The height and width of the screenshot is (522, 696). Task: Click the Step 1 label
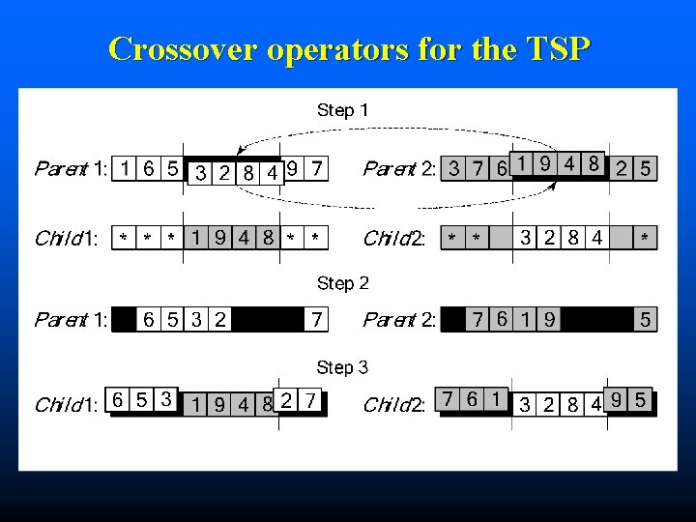pos(342,110)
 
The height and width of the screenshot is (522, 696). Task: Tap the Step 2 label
pos(342,283)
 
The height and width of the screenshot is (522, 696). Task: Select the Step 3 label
pos(342,367)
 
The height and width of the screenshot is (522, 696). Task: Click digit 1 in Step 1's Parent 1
pos(126,169)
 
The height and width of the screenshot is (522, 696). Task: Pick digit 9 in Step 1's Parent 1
pos(293,168)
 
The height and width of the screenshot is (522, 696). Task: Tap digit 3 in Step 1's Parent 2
pos(453,169)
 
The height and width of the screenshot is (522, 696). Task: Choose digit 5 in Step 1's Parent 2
pos(645,169)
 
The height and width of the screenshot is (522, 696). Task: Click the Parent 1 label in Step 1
pos(72,169)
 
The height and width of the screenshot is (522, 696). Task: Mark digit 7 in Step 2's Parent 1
pos(315,319)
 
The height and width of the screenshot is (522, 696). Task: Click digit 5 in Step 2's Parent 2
pos(645,319)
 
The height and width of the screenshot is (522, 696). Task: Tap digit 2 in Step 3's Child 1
pos(287,400)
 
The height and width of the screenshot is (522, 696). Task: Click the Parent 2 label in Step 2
pos(399,319)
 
